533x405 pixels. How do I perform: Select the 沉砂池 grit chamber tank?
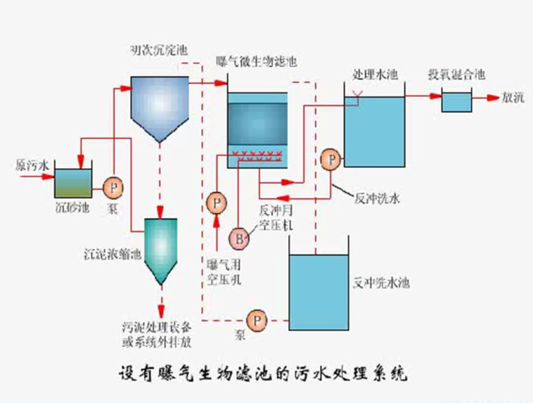click(73, 184)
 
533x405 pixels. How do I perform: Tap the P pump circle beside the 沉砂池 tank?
click(113, 187)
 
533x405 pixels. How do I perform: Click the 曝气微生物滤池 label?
click(257, 62)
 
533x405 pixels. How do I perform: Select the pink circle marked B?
click(240, 239)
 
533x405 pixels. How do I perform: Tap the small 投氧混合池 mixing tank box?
click(456, 101)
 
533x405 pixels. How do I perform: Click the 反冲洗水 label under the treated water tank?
click(378, 199)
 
